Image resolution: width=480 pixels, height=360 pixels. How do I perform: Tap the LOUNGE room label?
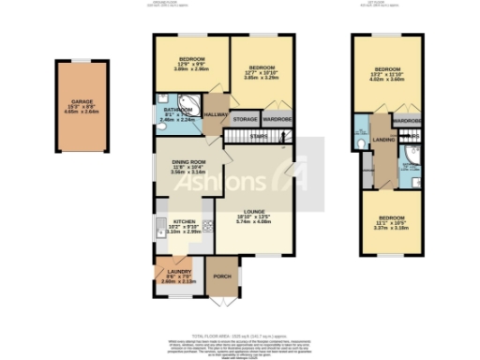coord(255,211)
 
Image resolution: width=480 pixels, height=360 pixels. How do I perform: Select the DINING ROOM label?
coord(190,161)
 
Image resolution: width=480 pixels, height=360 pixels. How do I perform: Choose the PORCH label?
coord(223,277)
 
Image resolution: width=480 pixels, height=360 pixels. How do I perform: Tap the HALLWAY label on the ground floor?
coord(217,114)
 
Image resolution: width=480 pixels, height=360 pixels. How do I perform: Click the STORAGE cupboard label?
coord(246,120)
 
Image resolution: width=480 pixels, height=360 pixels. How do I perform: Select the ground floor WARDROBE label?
coord(277,120)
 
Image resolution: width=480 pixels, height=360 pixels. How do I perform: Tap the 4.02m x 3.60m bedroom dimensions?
coord(388,81)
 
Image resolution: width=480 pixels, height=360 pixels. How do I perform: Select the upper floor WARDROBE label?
coord(407,122)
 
